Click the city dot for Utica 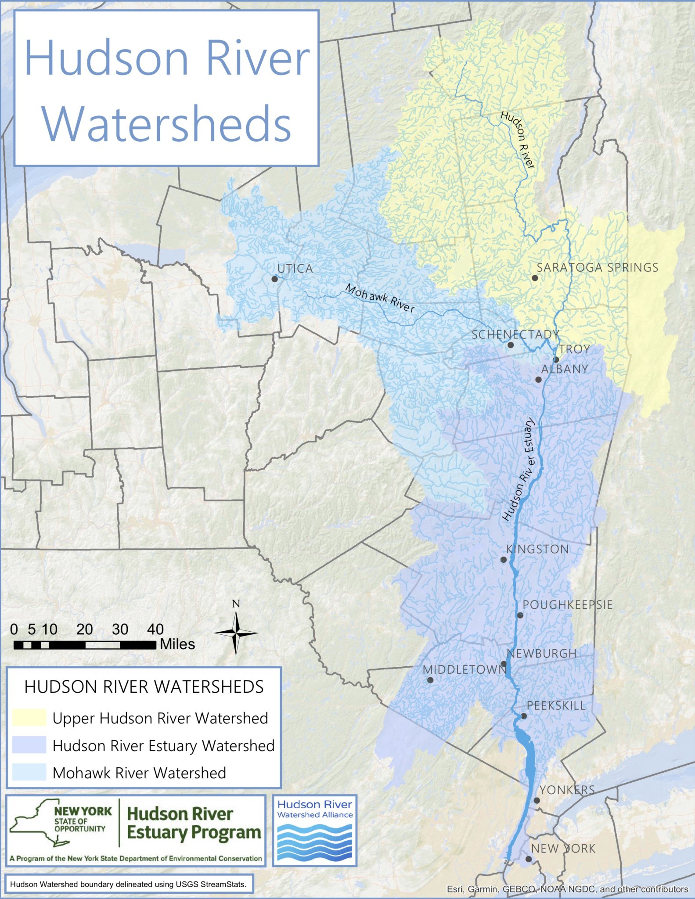pos(275,279)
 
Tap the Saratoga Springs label pos(598,267)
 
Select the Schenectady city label pos(515,334)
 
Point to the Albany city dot pos(538,379)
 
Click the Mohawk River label pos(380,298)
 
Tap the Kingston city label pos(537,549)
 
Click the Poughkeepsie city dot pos(520,615)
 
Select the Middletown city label pos(464,669)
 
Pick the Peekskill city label pos(556,705)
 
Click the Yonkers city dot pos(537,800)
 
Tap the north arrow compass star pos(236,633)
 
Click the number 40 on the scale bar pos(155,629)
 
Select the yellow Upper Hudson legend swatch pos(29,718)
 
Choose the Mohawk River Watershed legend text pos(139,773)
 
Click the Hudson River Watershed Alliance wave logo pos(315,841)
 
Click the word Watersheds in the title pos(166,122)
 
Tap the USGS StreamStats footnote pos(129,884)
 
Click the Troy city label pos(574,349)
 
